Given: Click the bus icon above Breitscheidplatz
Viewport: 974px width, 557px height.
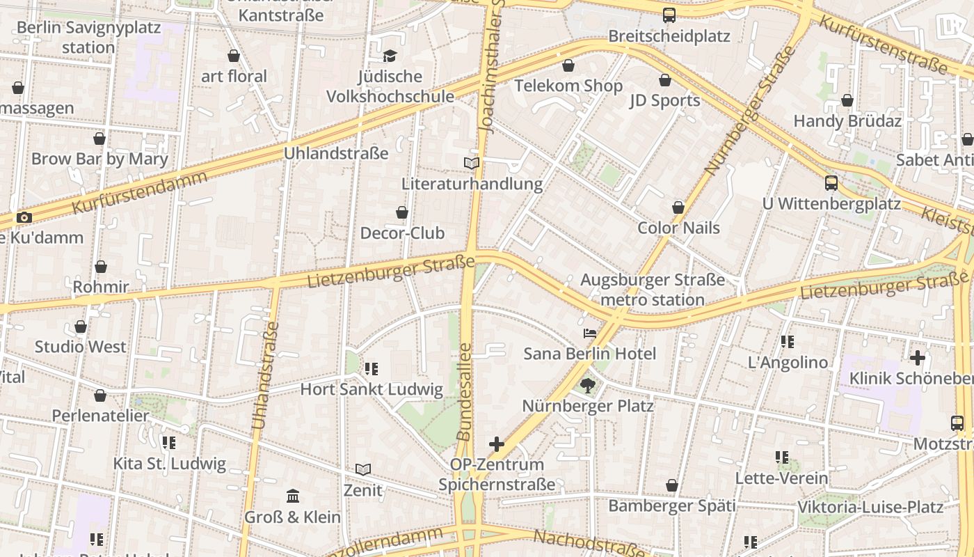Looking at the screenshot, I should tap(669, 15).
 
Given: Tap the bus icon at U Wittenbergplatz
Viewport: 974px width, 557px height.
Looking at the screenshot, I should tap(831, 183).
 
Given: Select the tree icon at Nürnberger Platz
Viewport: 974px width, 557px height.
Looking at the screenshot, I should tap(588, 385).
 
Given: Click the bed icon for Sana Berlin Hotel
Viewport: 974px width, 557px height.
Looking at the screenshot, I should tap(590, 333).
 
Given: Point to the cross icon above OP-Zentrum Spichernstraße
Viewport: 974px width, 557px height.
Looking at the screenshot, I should tap(497, 444).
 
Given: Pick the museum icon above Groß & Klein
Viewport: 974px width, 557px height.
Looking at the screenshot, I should tap(293, 496).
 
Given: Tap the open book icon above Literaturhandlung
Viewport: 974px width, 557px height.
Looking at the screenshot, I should tap(472, 163).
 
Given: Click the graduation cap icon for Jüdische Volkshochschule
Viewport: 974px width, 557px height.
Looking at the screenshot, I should tap(390, 56).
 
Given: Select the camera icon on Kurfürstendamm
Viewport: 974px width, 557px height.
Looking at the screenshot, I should tap(24, 217).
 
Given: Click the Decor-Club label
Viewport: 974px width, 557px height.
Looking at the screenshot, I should tap(402, 233).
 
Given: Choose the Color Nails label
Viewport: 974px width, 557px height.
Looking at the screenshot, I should tap(678, 228).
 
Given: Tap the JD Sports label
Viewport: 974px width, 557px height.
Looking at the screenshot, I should tap(664, 100).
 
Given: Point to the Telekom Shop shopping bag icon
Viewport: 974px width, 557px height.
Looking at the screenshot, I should tap(568, 65).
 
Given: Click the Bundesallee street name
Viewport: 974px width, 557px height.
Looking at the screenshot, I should tap(464, 391).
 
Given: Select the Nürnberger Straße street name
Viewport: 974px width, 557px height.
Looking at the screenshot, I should tap(749, 111).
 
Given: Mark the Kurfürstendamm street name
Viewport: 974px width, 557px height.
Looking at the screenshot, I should tap(140, 191).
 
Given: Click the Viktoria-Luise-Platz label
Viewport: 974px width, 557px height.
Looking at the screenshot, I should tap(870, 506).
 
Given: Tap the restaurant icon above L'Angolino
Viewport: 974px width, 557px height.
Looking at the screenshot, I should tap(788, 342).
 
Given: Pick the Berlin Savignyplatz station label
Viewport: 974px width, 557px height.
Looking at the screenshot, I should tap(88, 38).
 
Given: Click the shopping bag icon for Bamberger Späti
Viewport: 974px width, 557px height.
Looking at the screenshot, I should tap(672, 485).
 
